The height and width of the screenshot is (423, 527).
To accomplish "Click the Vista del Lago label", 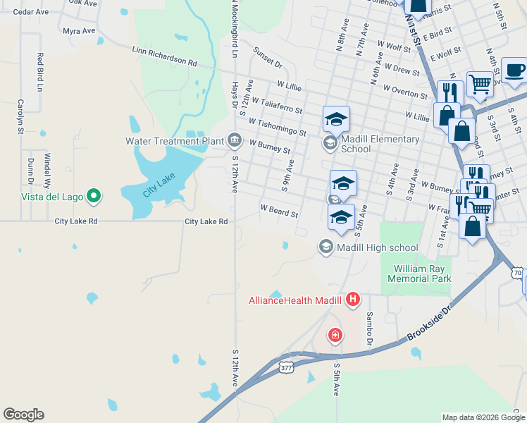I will [x=53, y=197].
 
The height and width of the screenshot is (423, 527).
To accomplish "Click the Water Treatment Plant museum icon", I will [x=234, y=140].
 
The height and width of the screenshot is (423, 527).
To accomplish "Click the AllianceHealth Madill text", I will [x=295, y=300].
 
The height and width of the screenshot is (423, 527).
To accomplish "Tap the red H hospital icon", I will [x=353, y=300].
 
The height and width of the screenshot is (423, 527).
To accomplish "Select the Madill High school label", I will [x=378, y=247].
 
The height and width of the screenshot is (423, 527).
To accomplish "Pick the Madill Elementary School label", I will [x=380, y=144].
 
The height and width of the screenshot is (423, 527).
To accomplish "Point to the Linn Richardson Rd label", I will [x=165, y=56].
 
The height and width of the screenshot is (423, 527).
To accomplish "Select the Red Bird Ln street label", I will [x=40, y=70].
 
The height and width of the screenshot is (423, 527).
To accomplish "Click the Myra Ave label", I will [x=78, y=31].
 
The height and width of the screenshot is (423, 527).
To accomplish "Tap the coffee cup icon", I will [x=514, y=70].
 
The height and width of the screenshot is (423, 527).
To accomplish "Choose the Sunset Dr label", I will [x=268, y=59].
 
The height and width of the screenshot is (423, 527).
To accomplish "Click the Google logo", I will [x=23, y=415].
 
